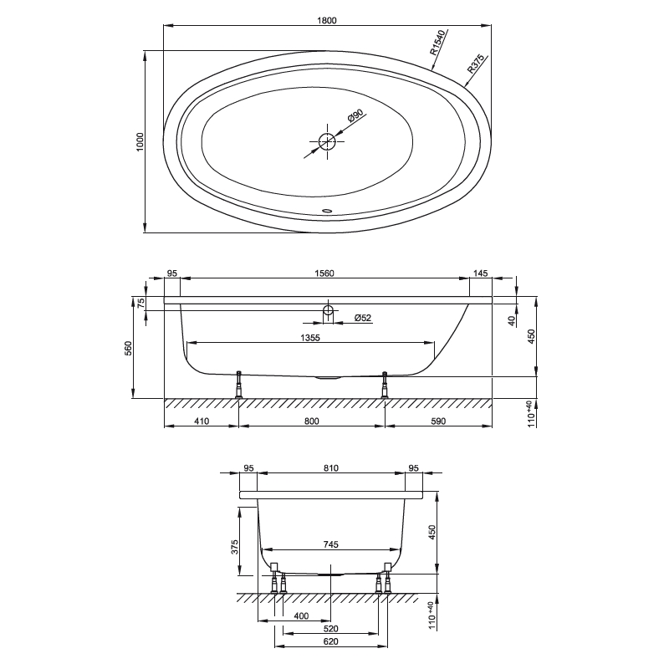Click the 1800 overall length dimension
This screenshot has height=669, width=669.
point(327,21)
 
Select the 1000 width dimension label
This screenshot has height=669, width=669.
point(140,143)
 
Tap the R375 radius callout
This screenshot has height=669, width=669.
point(477,66)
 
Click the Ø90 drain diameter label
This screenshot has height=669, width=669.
point(355,118)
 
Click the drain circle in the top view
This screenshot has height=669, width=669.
point(327,142)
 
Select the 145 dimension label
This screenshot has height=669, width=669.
point(480,273)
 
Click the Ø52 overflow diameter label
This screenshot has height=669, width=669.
point(363,318)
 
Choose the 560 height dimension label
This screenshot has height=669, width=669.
point(128,347)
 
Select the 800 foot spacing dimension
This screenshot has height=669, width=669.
point(311,421)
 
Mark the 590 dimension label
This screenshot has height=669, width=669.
point(438,421)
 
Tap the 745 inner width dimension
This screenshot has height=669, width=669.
point(330,544)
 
